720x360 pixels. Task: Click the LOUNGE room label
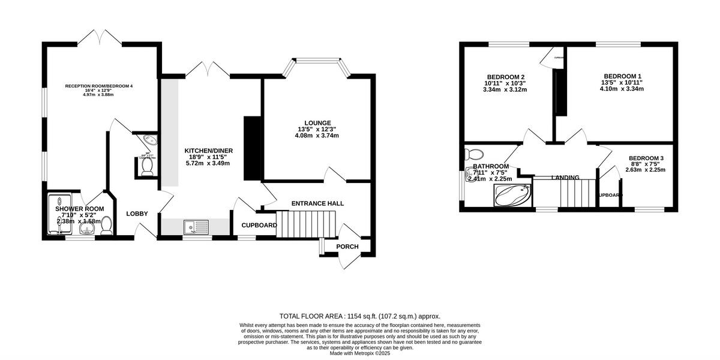[x=317, y=123]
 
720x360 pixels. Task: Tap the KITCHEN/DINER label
[x=208, y=151]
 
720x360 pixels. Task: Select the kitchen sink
[x=196, y=227]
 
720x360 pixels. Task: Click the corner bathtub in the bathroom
[x=512, y=195]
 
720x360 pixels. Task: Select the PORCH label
[x=347, y=247]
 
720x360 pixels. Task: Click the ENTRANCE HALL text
[x=317, y=204]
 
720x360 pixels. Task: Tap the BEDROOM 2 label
[x=505, y=77]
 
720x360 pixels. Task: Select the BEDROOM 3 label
[x=646, y=158]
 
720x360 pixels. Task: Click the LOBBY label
[x=137, y=214]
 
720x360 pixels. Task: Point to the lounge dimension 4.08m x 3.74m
[x=317, y=136]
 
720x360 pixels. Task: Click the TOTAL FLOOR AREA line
[x=360, y=316]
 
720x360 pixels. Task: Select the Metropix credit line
[x=360, y=353]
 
